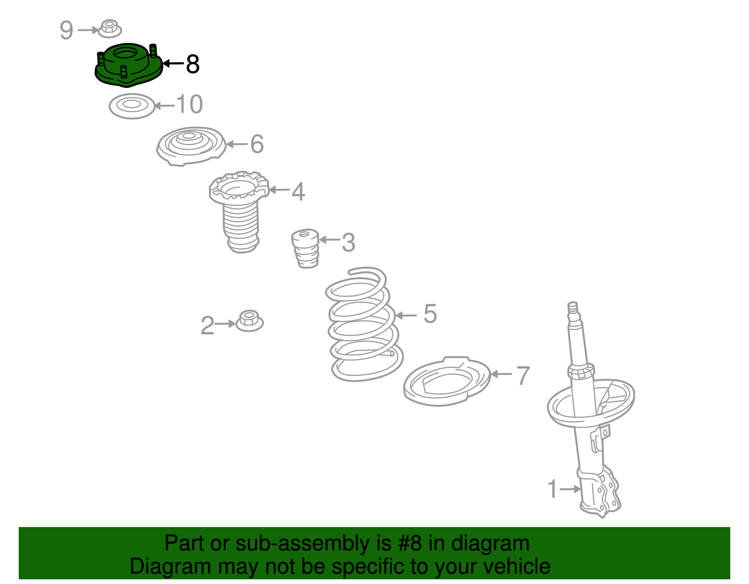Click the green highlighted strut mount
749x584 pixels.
(128, 65)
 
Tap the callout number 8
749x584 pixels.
(193, 64)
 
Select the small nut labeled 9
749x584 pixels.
(110, 29)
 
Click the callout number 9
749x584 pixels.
(66, 30)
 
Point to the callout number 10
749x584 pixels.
(190, 104)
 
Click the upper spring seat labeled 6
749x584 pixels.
(191, 146)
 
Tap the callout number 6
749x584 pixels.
(257, 144)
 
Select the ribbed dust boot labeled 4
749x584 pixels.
(239, 212)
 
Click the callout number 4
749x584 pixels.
(299, 192)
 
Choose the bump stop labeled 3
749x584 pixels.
(305, 248)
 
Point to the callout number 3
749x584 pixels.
(348, 242)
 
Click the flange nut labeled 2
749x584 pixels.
(250, 321)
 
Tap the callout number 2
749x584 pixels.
(207, 325)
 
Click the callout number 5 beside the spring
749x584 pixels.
(430, 314)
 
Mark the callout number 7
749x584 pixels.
(523, 375)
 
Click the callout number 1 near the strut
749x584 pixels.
(552, 489)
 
